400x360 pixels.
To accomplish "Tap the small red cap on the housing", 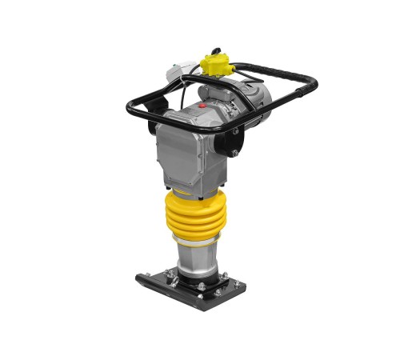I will (x=202, y=104).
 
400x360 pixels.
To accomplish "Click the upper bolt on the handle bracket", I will (x=235, y=130).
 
